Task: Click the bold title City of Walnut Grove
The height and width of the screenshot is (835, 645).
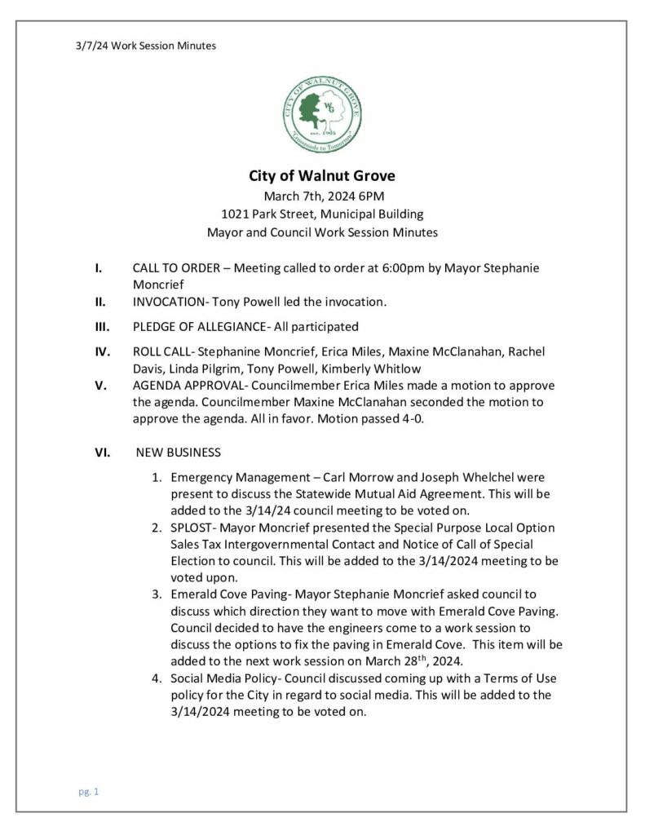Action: (x=321, y=176)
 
